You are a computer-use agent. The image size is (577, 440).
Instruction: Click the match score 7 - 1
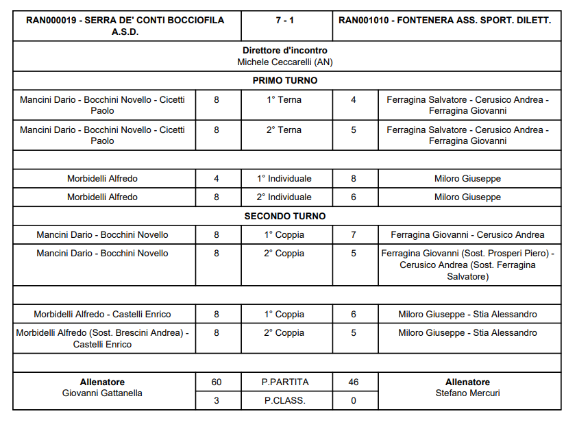[285, 21]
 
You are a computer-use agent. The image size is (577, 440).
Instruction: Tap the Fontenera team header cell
[445, 21]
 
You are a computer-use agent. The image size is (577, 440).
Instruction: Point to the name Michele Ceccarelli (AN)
[285, 62]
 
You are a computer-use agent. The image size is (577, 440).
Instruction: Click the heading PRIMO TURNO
[285, 80]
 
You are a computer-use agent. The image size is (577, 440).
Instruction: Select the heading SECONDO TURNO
[285, 216]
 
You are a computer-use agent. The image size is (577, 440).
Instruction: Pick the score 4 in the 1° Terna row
[354, 99]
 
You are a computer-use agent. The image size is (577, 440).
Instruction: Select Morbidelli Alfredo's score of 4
[217, 178]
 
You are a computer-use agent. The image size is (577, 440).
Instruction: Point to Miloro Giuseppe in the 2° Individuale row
[467, 197]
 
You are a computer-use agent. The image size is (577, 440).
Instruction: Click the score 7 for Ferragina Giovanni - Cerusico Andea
[354, 234]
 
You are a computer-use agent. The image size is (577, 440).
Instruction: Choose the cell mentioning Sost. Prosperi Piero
[467, 265]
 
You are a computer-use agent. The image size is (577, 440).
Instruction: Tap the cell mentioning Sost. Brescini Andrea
[103, 338]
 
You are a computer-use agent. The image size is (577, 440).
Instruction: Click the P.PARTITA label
[285, 382]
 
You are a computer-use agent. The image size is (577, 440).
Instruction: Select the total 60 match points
[217, 382]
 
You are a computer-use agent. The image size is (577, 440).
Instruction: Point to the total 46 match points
[354, 382]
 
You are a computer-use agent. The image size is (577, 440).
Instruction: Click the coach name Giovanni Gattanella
[103, 393]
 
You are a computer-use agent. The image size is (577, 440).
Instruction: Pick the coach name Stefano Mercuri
[467, 393]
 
